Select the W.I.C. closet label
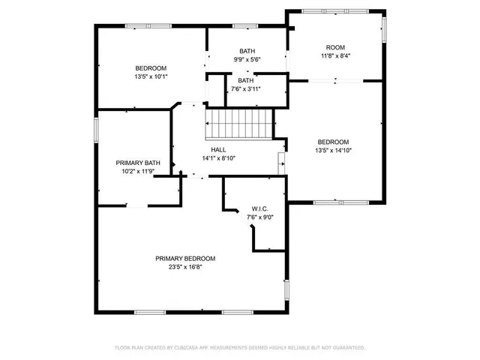coord(260,209)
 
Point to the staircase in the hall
coord(238,121)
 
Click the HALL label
coord(218,150)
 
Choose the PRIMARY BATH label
coord(138,163)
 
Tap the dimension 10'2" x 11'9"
coord(138,171)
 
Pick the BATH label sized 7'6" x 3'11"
coord(246,80)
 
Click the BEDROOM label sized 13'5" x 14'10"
coord(333,142)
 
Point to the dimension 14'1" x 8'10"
coord(218,158)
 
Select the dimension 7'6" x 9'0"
coord(260,217)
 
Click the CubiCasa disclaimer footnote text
coord(240,348)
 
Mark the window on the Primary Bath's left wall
coord(95,128)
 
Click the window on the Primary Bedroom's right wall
coord(286,289)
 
